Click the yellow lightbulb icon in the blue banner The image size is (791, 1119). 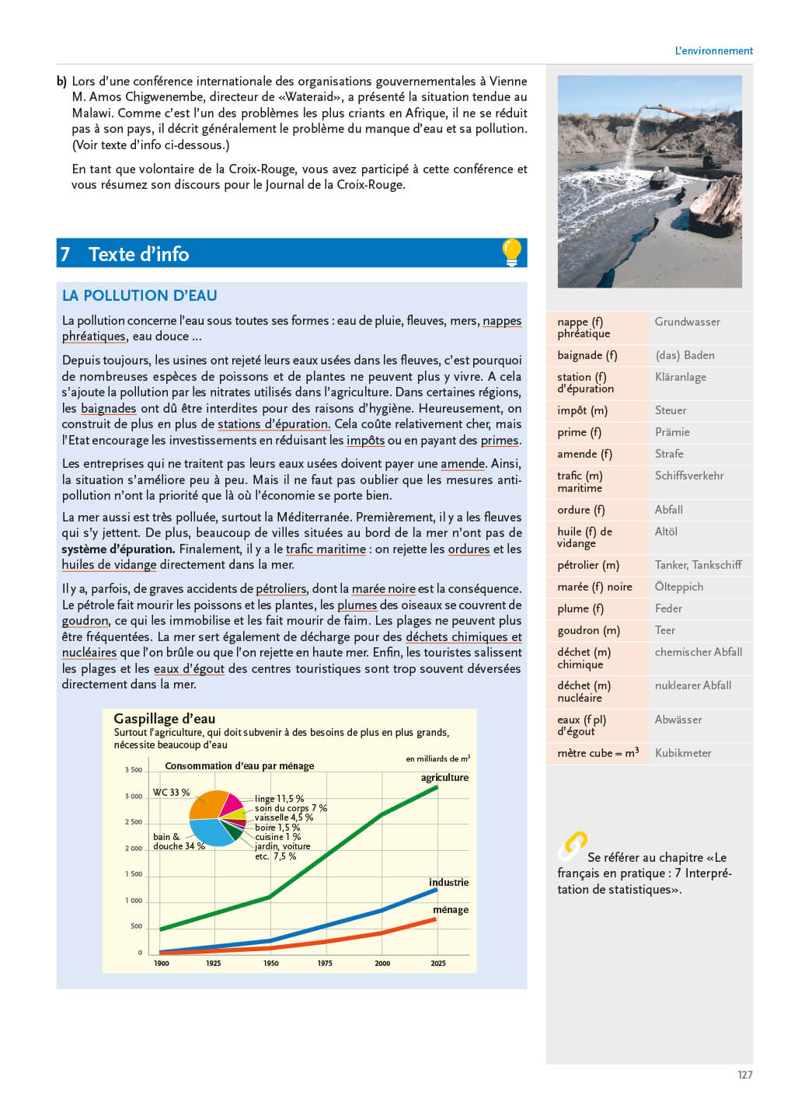click(x=511, y=253)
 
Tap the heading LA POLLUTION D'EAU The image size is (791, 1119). click(x=139, y=295)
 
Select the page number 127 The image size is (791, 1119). click(x=744, y=1075)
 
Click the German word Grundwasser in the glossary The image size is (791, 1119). click(x=687, y=322)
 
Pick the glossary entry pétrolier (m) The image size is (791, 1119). click(x=588, y=565)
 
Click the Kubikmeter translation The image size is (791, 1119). click(x=683, y=753)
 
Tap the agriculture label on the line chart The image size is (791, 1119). click(x=444, y=777)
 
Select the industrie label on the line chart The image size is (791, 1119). click(x=448, y=882)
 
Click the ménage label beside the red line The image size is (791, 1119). click(x=451, y=909)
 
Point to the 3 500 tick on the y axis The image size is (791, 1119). click(x=134, y=770)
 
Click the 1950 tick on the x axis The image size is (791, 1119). click(x=270, y=964)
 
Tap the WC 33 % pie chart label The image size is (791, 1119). click(x=171, y=793)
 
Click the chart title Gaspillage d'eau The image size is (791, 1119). click(x=164, y=719)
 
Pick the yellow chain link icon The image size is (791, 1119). click(x=573, y=845)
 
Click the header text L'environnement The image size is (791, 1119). click(x=713, y=51)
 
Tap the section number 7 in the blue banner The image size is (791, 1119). click(x=65, y=254)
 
